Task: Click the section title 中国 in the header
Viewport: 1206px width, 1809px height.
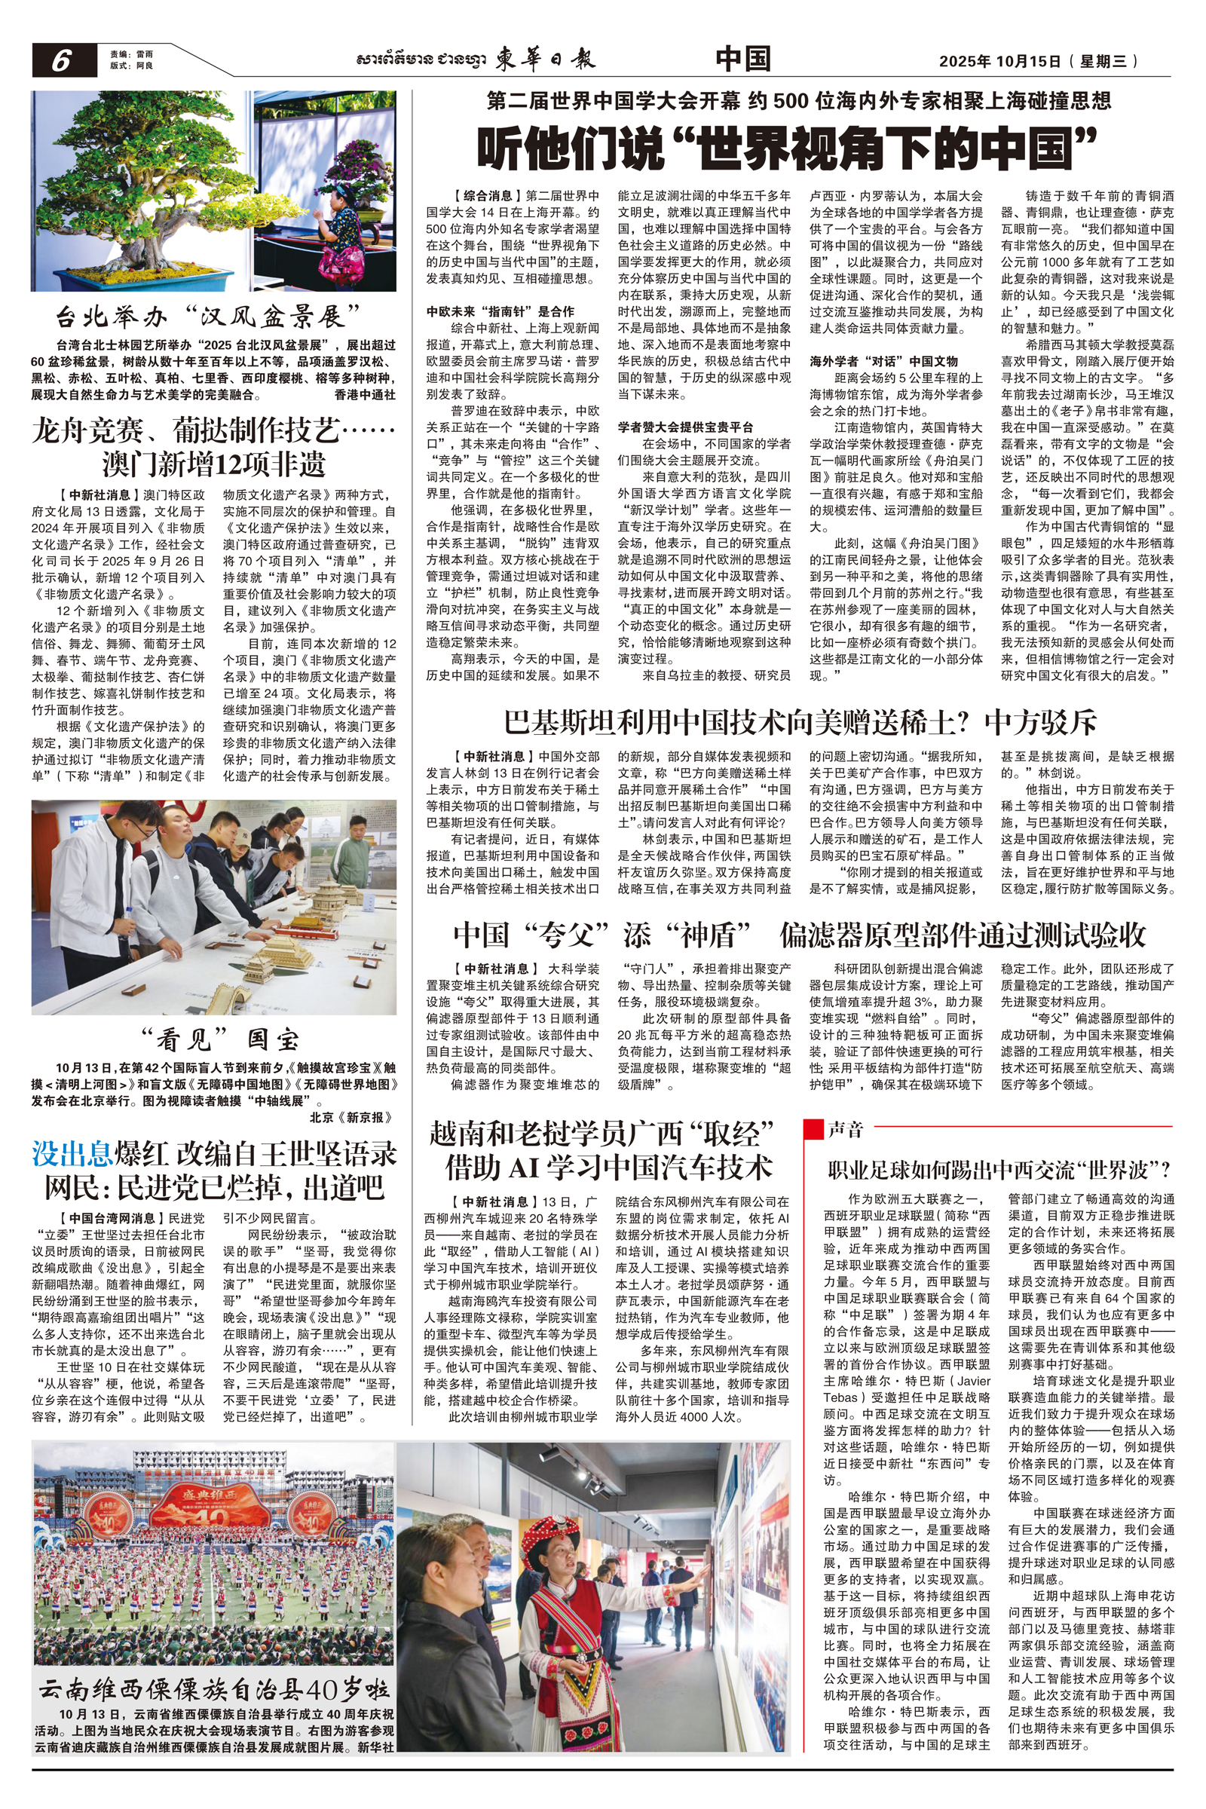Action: click(x=742, y=60)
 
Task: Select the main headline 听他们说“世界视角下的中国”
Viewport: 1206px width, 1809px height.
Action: click(x=786, y=149)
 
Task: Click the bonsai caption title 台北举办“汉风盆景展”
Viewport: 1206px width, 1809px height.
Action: click(x=210, y=316)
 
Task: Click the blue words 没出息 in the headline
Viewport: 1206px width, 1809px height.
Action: click(x=72, y=1155)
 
